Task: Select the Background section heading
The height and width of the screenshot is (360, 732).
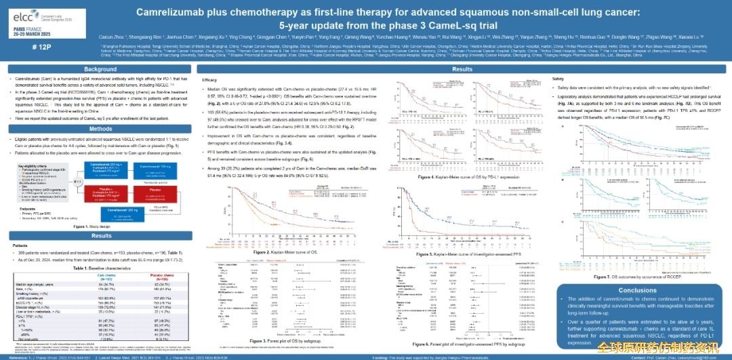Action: pyautogui.click(x=100, y=69)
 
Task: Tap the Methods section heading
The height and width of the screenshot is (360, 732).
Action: pyautogui.click(x=100, y=129)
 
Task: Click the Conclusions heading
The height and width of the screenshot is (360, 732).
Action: pyautogui.click(x=637, y=290)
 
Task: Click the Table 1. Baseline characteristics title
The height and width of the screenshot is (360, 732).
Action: pyautogui.click(x=100, y=268)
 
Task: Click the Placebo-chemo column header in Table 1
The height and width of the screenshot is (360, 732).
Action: pyautogui.click(x=162, y=277)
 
